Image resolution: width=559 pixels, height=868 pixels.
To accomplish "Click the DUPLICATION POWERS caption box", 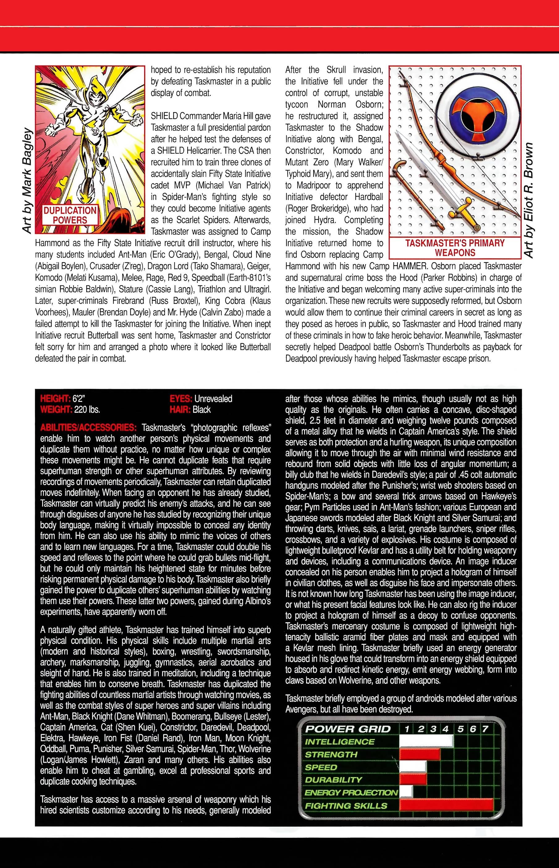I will tap(70, 215).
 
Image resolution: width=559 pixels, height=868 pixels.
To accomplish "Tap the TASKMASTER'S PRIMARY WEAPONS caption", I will tap(455, 248).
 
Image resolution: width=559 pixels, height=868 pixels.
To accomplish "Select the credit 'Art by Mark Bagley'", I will tap(27, 181).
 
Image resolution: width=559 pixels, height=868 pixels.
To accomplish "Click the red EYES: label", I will tap(180, 398).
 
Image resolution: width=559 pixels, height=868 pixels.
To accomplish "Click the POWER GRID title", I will tap(348, 729).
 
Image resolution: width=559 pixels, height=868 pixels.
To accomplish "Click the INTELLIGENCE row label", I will tap(339, 742).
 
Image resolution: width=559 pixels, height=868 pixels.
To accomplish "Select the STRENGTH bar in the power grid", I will tap(420, 754).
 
